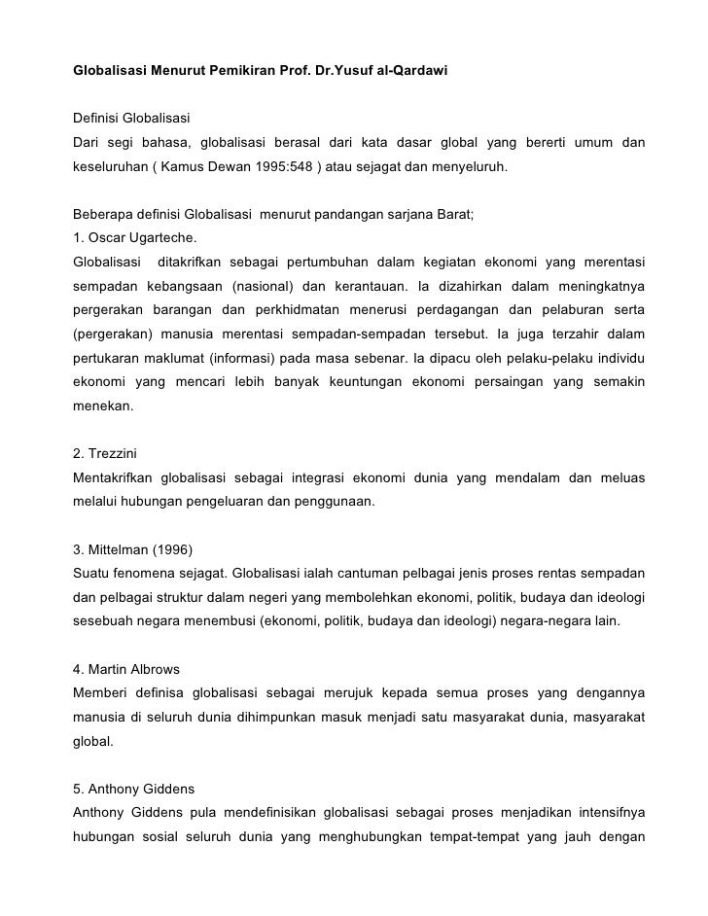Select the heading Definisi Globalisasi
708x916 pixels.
click(131, 119)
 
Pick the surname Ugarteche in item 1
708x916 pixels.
click(161, 237)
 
